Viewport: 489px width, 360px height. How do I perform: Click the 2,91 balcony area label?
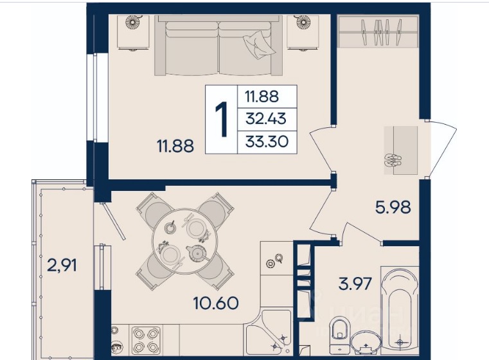coord(62,266)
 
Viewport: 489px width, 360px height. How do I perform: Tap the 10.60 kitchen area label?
coord(216,303)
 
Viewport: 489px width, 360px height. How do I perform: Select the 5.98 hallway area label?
coord(393,207)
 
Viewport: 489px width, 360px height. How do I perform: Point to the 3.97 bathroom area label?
coord(355,284)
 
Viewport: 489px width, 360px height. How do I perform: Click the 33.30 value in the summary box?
coord(267,142)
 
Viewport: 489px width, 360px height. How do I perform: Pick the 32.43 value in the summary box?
coord(266,119)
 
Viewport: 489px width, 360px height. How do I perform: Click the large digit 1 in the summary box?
coord(222,120)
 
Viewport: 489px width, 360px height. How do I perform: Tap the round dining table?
coord(184,242)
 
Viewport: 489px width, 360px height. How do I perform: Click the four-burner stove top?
coord(147,340)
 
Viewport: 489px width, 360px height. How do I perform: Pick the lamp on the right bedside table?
coord(302,22)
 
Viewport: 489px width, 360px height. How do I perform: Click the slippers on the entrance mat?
coord(393,160)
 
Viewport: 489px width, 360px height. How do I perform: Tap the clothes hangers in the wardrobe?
coord(381,32)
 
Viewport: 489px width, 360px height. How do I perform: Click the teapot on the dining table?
coord(195,253)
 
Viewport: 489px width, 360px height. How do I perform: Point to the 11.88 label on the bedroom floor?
coord(175,146)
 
